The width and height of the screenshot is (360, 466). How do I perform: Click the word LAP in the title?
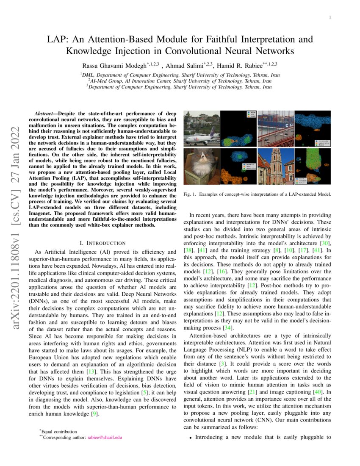click(x=58, y=40)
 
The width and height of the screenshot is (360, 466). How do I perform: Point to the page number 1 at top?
click(x=329, y=17)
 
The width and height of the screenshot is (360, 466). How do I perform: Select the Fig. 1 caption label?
click(x=189, y=194)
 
